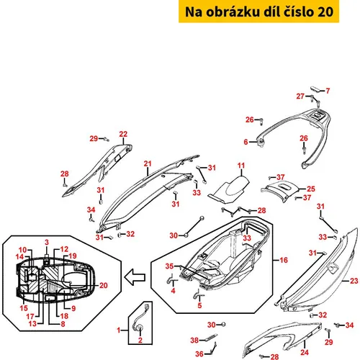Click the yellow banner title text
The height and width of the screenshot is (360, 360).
coord(259,12)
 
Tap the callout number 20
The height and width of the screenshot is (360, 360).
coord(104,285)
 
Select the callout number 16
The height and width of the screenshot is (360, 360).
coord(284,260)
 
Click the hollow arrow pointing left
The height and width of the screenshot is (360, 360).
coord(135,277)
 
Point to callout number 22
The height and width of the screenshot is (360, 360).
coord(123,134)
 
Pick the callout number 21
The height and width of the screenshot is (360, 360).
coord(148,163)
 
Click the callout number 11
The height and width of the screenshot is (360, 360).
coord(241,166)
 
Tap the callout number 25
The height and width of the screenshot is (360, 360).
coord(311,189)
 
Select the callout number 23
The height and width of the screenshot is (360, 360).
coord(354,281)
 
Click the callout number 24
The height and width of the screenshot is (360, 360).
coord(305,352)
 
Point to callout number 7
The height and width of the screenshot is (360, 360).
coord(328,91)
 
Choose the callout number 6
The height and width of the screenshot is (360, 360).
coord(246,142)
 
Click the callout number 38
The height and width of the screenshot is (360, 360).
coord(194,340)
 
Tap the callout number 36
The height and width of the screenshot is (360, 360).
coord(199,354)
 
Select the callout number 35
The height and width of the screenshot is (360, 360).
coord(169,266)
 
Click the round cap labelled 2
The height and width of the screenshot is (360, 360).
coord(139,328)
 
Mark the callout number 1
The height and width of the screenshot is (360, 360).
coord(118,330)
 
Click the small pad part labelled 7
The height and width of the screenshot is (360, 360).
coord(315,89)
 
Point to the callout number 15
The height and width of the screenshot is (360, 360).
coord(24,308)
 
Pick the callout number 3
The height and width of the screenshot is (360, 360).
coord(47,242)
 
